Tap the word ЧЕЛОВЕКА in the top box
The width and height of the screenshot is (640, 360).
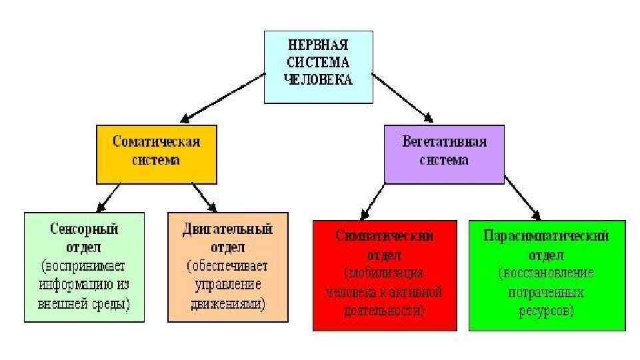tap(317, 79)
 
